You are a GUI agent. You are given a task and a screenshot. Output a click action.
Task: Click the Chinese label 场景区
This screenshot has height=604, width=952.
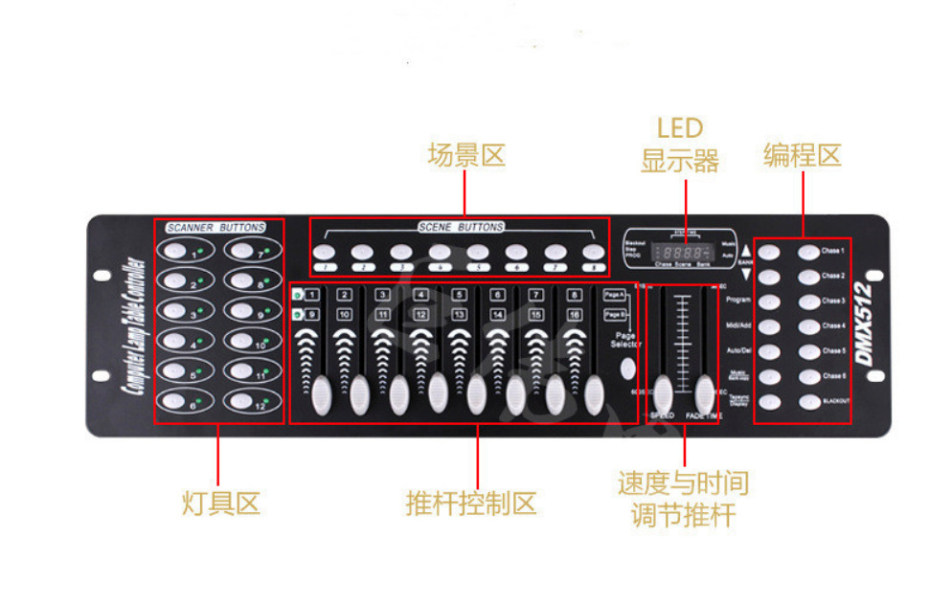pyautogui.click(x=465, y=155)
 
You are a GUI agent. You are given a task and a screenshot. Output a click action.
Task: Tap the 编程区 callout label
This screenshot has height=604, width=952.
pyautogui.click(x=802, y=155)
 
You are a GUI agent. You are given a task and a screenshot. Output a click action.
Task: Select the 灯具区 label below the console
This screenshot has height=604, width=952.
pyautogui.click(x=220, y=503)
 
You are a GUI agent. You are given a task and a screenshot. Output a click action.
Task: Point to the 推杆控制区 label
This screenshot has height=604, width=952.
pyautogui.click(x=470, y=503)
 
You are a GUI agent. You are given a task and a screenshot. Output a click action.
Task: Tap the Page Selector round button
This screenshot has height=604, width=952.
pyautogui.click(x=626, y=369)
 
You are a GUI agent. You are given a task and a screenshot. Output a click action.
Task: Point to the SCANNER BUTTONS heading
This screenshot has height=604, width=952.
pyautogui.click(x=216, y=228)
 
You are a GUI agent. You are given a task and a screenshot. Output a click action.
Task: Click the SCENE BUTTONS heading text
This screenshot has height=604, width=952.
pyautogui.click(x=461, y=227)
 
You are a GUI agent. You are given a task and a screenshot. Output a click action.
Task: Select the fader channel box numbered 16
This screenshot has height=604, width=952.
pyautogui.click(x=574, y=314)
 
